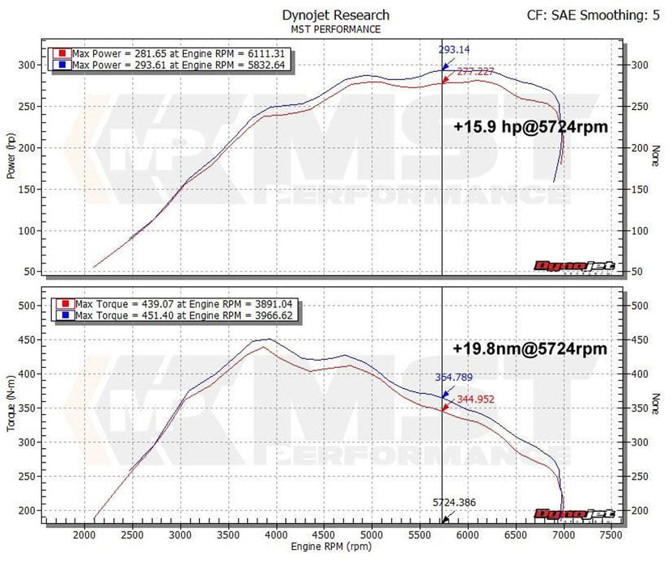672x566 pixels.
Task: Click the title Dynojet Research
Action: (x=335, y=15)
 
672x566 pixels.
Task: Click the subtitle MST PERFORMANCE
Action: (x=335, y=29)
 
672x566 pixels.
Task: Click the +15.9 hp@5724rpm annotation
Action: (x=531, y=127)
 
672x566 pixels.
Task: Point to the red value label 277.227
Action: (x=477, y=72)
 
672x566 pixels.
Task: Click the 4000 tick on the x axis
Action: (x=276, y=534)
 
